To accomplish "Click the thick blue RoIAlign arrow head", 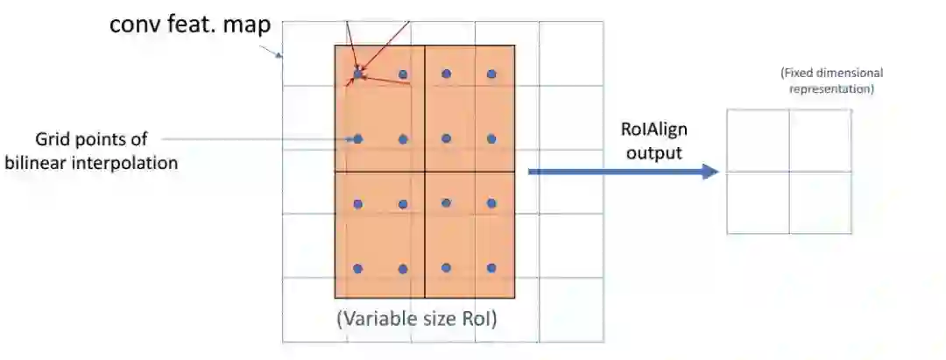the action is pos(709,172).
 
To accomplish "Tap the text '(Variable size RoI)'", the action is pos(417,320).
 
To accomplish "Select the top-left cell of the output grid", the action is pos(758,140).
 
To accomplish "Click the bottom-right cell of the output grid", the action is pos(820,202).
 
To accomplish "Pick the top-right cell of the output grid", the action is pos(820,140).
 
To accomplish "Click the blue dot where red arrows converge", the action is pos(357,74).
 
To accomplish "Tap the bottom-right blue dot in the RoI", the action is pos(491,268).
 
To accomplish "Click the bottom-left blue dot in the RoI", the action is pos(357,268).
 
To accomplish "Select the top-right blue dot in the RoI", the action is pos(491,74).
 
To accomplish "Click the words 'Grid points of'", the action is pos(92,140).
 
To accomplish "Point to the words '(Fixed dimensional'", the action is pos(831,74).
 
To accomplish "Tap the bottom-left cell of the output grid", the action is pos(758,202).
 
